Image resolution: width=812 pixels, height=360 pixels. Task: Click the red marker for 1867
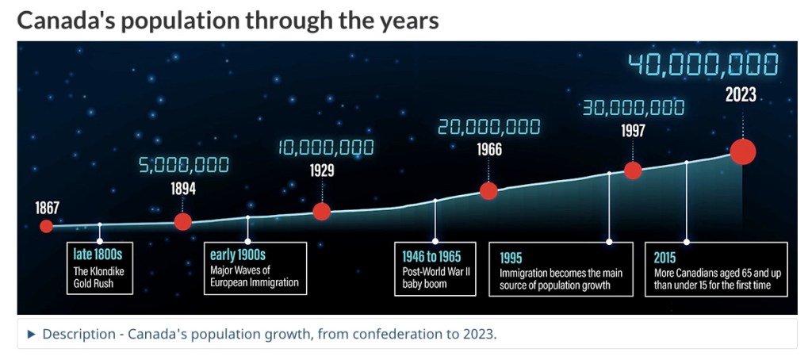[47, 226]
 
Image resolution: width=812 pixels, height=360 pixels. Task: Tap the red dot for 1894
[183, 222]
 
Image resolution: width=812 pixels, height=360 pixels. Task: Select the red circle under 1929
[322, 212]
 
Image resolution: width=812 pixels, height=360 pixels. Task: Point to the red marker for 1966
[488, 191]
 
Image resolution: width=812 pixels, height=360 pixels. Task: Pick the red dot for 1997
[633, 170]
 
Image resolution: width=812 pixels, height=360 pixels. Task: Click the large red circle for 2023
[743, 151]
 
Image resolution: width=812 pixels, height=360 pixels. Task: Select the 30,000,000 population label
[634, 109]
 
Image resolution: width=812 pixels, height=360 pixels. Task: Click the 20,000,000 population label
[488, 127]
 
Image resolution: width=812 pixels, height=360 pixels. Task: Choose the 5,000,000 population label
[184, 165]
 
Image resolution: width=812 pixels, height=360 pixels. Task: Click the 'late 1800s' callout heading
[98, 255]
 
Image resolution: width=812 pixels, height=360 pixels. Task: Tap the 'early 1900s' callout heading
[238, 255]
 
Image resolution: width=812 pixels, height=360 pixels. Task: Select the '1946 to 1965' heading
[431, 256]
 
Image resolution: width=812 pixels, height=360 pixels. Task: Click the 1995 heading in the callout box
[511, 258]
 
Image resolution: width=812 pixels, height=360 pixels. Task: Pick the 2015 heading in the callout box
[665, 258]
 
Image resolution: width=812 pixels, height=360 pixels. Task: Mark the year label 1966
[489, 150]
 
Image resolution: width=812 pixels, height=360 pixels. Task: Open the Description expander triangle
[32, 334]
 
